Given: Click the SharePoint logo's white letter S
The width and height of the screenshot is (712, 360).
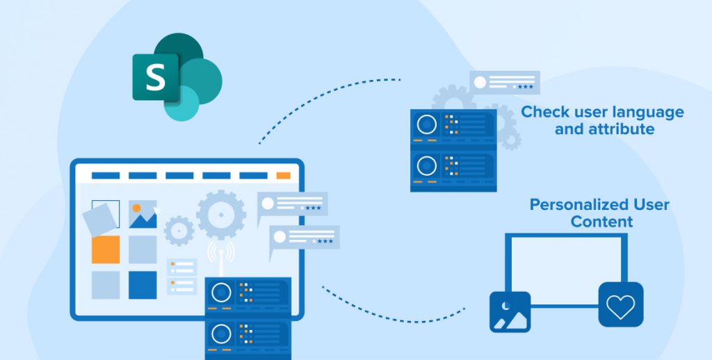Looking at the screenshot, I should [155, 77].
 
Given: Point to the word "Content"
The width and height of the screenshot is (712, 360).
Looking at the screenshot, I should [601, 222].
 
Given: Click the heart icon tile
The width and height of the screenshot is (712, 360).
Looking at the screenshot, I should [620, 304].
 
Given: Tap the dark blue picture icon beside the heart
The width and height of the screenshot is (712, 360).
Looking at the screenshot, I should [510, 311].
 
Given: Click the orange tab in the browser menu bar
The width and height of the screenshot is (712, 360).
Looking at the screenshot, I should [283, 176].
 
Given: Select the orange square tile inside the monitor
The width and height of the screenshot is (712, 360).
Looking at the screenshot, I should [106, 249].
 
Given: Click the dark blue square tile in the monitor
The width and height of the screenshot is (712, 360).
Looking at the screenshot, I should [143, 285].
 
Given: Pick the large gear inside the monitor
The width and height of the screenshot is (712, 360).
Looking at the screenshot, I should [220, 215].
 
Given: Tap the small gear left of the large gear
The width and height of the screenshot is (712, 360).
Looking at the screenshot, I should [179, 230].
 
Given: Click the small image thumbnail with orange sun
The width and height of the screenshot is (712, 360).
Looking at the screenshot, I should [143, 215].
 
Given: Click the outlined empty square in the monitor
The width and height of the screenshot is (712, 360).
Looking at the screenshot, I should [106, 208].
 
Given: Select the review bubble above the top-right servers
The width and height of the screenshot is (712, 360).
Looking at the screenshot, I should [504, 83].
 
